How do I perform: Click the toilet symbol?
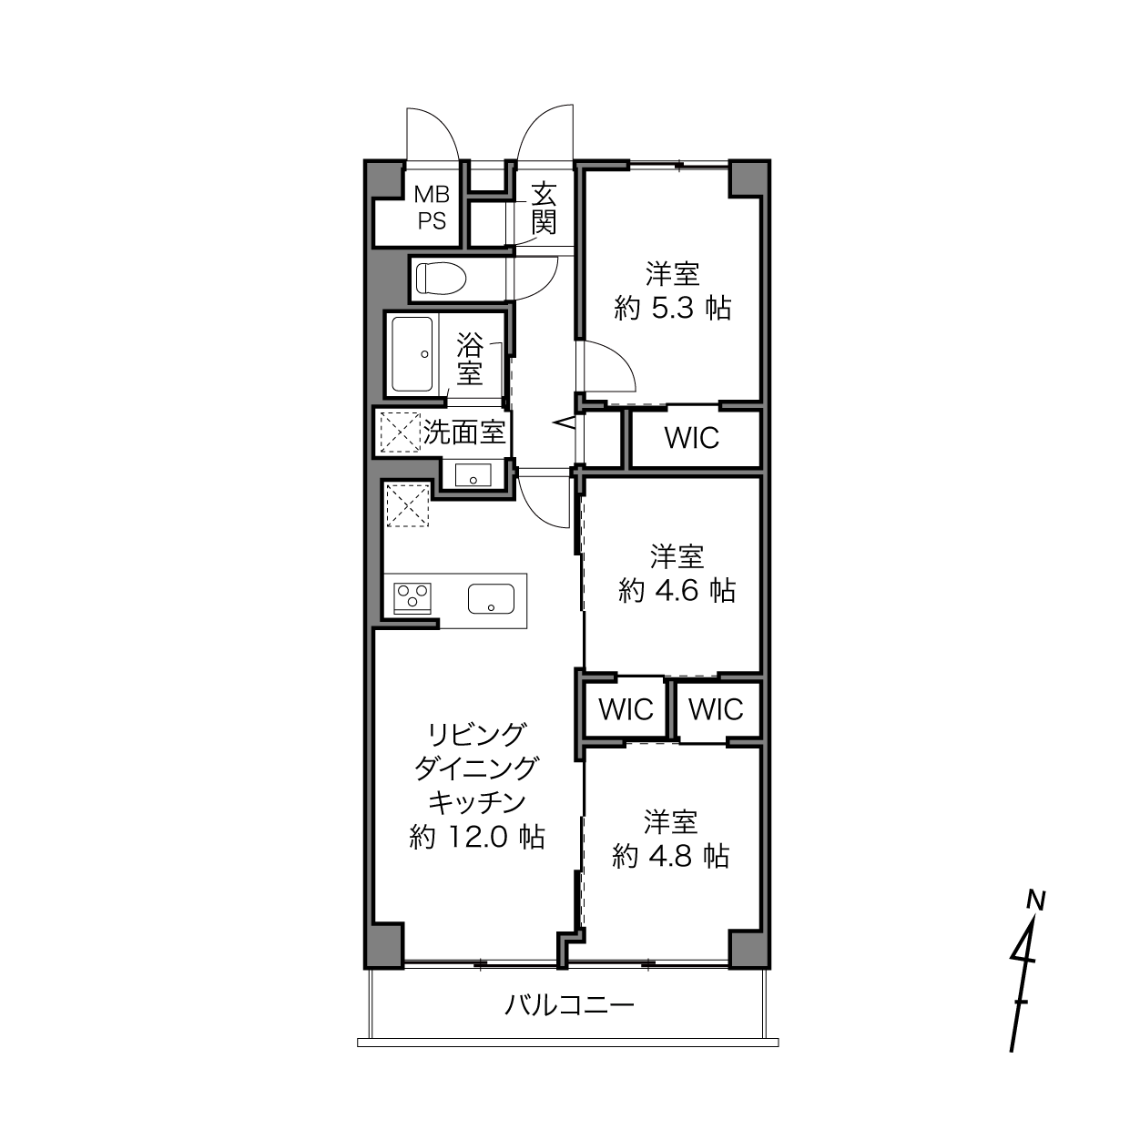tap(441, 279)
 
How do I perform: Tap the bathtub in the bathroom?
tap(412, 354)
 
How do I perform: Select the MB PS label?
tap(432, 207)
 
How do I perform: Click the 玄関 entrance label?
tap(544, 209)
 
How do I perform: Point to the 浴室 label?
tap(470, 359)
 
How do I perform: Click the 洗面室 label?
tap(463, 433)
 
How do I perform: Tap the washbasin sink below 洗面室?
tap(473, 475)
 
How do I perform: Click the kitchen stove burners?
tap(413, 598)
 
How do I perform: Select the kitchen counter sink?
tap(491, 599)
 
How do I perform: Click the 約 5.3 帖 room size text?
tap(673, 309)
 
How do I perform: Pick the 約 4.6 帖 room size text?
tap(677, 590)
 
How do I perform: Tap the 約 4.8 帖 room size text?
tap(670, 855)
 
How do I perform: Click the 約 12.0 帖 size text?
tap(477, 837)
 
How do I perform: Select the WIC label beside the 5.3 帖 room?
tap(692, 438)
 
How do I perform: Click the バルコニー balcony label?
tap(569, 1004)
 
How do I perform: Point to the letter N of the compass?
tap(1036, 901)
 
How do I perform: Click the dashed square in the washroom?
tap(401, 433)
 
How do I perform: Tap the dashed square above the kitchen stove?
tap(407, 504)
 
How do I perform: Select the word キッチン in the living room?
tap(477, 803)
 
